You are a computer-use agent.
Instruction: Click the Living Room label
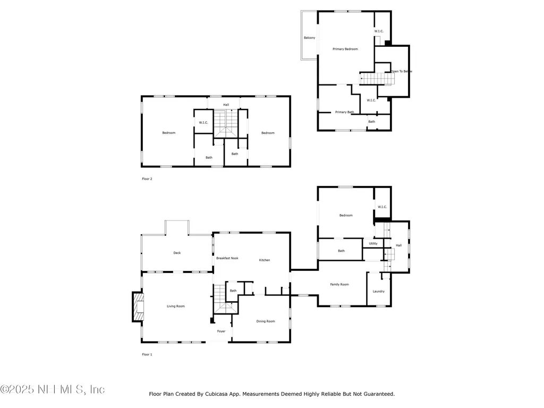[x=176, y=306]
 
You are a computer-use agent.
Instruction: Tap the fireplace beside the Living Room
[x=138, y=307]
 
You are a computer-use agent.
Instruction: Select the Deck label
[x=177, y=253]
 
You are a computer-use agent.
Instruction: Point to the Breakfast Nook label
[x=227, y=258]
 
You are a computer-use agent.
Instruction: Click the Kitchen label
[x=265, y=260]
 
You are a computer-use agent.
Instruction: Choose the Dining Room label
[x=266, y=321]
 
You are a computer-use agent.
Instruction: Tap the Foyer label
[x=221, y=331]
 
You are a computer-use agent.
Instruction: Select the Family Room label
[x=339, y=284]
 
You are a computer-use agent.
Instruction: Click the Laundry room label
[x=378, y=291]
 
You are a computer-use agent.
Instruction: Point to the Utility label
[x=373, y=243]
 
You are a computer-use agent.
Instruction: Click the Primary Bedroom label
[x=345, y=49]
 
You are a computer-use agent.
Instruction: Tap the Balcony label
[x=309, y=38]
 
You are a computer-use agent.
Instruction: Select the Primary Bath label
[x=344, y=112]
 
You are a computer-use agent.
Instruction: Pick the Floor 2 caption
[x=147, y=179]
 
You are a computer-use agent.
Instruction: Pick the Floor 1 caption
[x=147, y=354]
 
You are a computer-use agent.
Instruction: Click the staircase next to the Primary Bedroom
[x=378, y=79]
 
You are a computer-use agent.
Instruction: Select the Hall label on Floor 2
[x=226, y=105]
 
